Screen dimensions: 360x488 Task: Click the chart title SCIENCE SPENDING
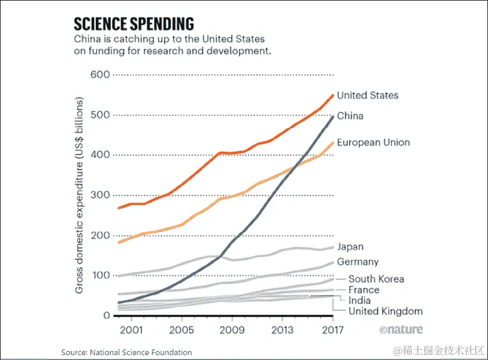click(x=133, y=24)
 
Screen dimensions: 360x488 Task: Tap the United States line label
click(x=367, y=95)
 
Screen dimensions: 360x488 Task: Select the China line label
click(x=350, y=116)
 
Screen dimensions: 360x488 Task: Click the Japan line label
click(x=350, y=247)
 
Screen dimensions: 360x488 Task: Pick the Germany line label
click(x=357, y=262)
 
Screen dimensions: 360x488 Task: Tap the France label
click(x=364, y=290)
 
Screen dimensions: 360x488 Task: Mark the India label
click(x=360, y=300)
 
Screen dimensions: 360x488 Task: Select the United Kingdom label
click(x=385, y=311)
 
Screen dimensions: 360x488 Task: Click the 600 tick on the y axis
click(x=100, y=75)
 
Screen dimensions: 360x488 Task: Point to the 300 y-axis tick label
click(x=100, y=195)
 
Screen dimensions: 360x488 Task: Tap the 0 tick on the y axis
click(x=106, y=316)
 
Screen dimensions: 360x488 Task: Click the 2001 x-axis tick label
click(x=131, y=329)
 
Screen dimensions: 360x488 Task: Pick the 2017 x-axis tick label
click(x=333, y=329)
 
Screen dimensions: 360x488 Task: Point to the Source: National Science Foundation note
click(x=127, y=352)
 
